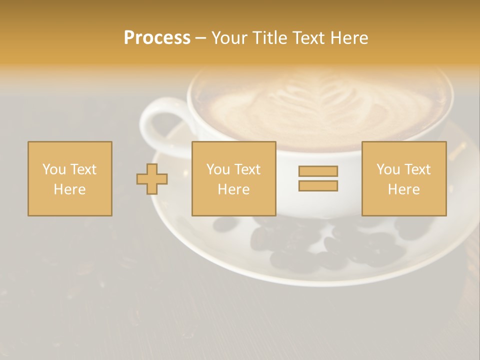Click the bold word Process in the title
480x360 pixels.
pos(157,38)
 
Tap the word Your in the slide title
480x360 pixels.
pos(229,38)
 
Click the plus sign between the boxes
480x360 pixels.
pos(152,179)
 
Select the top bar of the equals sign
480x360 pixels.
pos(318,171)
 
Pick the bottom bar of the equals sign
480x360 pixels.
pos(318,186)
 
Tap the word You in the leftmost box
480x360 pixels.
pos(53,169)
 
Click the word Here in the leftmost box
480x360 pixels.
pos(69,189)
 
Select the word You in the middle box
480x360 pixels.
pos(217,169)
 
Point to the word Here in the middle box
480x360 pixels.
pos(233,189)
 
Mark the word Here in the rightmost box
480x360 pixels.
pos(403,189)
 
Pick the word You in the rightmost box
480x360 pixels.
pos(387,169)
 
